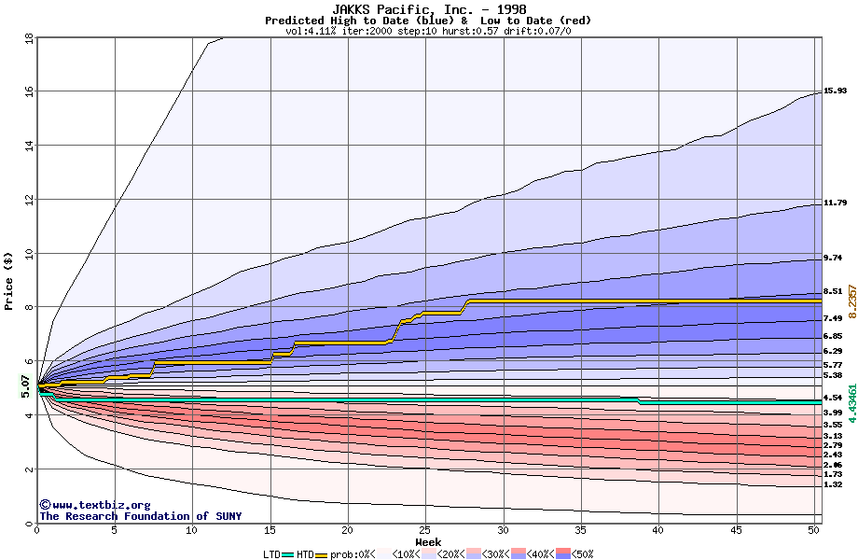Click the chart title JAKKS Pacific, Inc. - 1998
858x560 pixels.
tap(428, 8)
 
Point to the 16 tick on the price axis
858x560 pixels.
tap(29, 91)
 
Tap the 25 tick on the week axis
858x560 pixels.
tap(425, 531)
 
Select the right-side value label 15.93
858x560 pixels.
tap(835, 91)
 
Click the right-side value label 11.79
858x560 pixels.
tap(835, 203)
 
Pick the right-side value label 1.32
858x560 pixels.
tap(832, 484)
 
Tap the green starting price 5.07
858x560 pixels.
tap(25, 385)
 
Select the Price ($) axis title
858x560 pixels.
tap(8, 280)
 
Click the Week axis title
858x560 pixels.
tap(428, 542)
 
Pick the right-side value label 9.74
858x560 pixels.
tap(832, 258)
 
